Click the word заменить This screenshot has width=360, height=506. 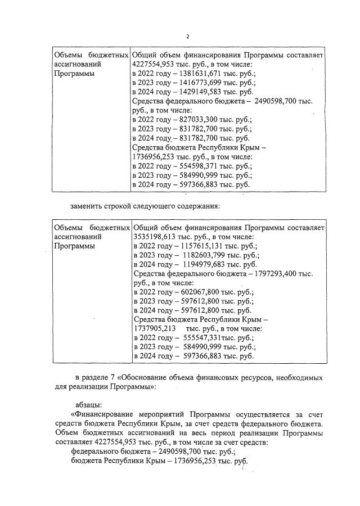85,206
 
